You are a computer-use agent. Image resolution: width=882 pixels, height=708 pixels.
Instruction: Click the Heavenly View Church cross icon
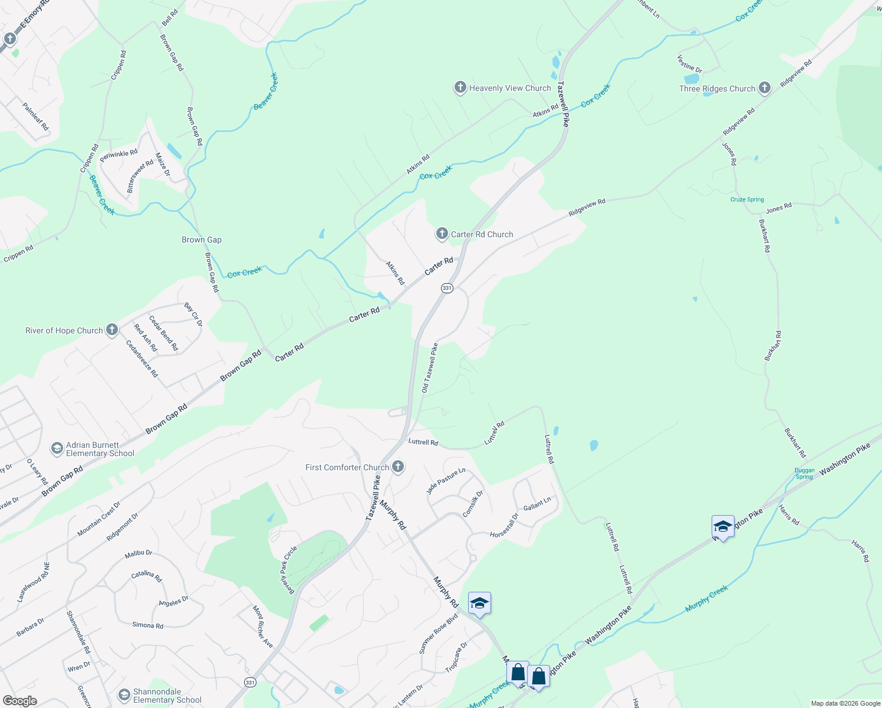click(460, 88)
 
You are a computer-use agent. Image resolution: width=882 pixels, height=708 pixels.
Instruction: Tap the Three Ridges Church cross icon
click(765, 88)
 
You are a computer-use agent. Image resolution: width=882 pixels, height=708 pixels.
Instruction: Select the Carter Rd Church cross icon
click(442, 234)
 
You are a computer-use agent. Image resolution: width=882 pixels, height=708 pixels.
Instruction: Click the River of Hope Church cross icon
click(112, 330)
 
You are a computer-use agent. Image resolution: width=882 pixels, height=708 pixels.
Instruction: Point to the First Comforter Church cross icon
click(398, 467)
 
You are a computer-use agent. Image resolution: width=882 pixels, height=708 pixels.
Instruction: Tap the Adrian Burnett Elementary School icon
click(57, 449)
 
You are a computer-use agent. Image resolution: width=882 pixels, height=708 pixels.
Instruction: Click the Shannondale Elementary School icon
click(124, 695)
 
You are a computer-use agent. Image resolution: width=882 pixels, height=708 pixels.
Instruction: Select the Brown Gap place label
click(202, 240)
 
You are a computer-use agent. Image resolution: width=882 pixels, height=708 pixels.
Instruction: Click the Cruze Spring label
click(747, 199)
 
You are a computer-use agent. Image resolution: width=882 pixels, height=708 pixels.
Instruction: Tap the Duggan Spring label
click(804, 473)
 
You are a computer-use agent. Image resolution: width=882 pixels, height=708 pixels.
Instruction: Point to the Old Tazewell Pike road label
click(429, 368)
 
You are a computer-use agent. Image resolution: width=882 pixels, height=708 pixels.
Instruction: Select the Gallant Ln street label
click(537, 504)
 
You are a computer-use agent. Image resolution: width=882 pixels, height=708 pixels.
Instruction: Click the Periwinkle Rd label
click(119, 156)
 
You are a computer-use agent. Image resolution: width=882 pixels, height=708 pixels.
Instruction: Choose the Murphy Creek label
click(706, 598)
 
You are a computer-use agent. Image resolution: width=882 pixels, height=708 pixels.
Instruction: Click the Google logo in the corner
click(19, 701)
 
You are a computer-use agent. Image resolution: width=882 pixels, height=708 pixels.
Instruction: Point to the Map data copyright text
click(845, 703)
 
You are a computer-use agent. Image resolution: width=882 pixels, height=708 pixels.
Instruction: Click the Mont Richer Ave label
click(263, 627)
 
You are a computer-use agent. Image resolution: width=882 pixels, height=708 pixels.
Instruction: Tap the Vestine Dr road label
click(690, 64)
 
